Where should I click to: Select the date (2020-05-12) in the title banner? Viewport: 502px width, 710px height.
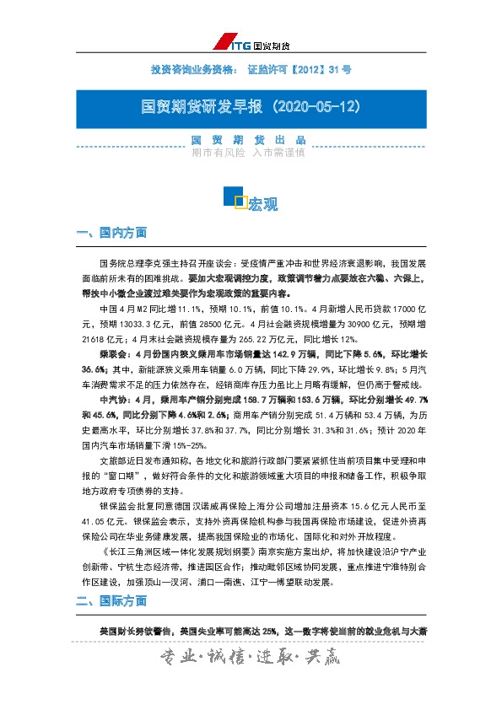315,108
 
